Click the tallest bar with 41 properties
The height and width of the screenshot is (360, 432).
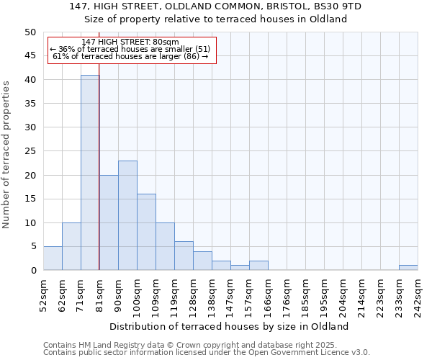point(90,173)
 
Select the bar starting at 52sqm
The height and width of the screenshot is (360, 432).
point(53,258)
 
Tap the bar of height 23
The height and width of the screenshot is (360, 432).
point(127,215)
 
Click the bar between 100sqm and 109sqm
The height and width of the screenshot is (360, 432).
point(146,232)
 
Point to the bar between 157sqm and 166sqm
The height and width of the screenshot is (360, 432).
point(258,266)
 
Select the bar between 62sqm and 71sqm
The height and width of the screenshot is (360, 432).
point(71,246)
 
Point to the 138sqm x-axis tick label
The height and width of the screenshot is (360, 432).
point(212,294)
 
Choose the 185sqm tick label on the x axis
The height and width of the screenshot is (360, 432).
point(305,294)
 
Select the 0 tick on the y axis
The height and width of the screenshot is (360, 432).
point(33,271)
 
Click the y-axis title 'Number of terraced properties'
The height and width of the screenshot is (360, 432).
point(7,154)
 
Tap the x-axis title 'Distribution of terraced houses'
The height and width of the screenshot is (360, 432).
point(230,326)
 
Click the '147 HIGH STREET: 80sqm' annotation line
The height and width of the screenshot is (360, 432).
point(130,42)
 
